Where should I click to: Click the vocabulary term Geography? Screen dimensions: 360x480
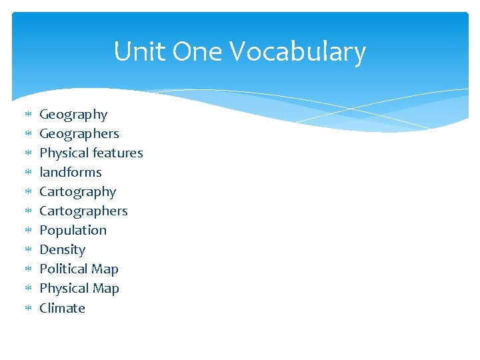coord(73,115)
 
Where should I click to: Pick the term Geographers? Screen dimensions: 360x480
coord(79,134)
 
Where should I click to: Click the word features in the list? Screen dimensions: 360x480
coord(117,153)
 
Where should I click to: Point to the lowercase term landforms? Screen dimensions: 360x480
coord(71,172)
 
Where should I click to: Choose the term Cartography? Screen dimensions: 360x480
coord(77,192)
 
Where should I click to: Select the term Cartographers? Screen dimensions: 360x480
coord(83,211)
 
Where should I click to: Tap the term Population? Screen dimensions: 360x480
coord(73,231)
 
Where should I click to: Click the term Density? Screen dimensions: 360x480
coord(62,250)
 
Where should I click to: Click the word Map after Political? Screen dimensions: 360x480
coord(105,269)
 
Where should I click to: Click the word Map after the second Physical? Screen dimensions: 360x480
coord(105,289)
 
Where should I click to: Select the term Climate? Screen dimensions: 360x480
coord(62,308)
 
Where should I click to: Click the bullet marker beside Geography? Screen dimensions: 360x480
coord(27,115)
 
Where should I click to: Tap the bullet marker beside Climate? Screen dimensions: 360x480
coord(27,309)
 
